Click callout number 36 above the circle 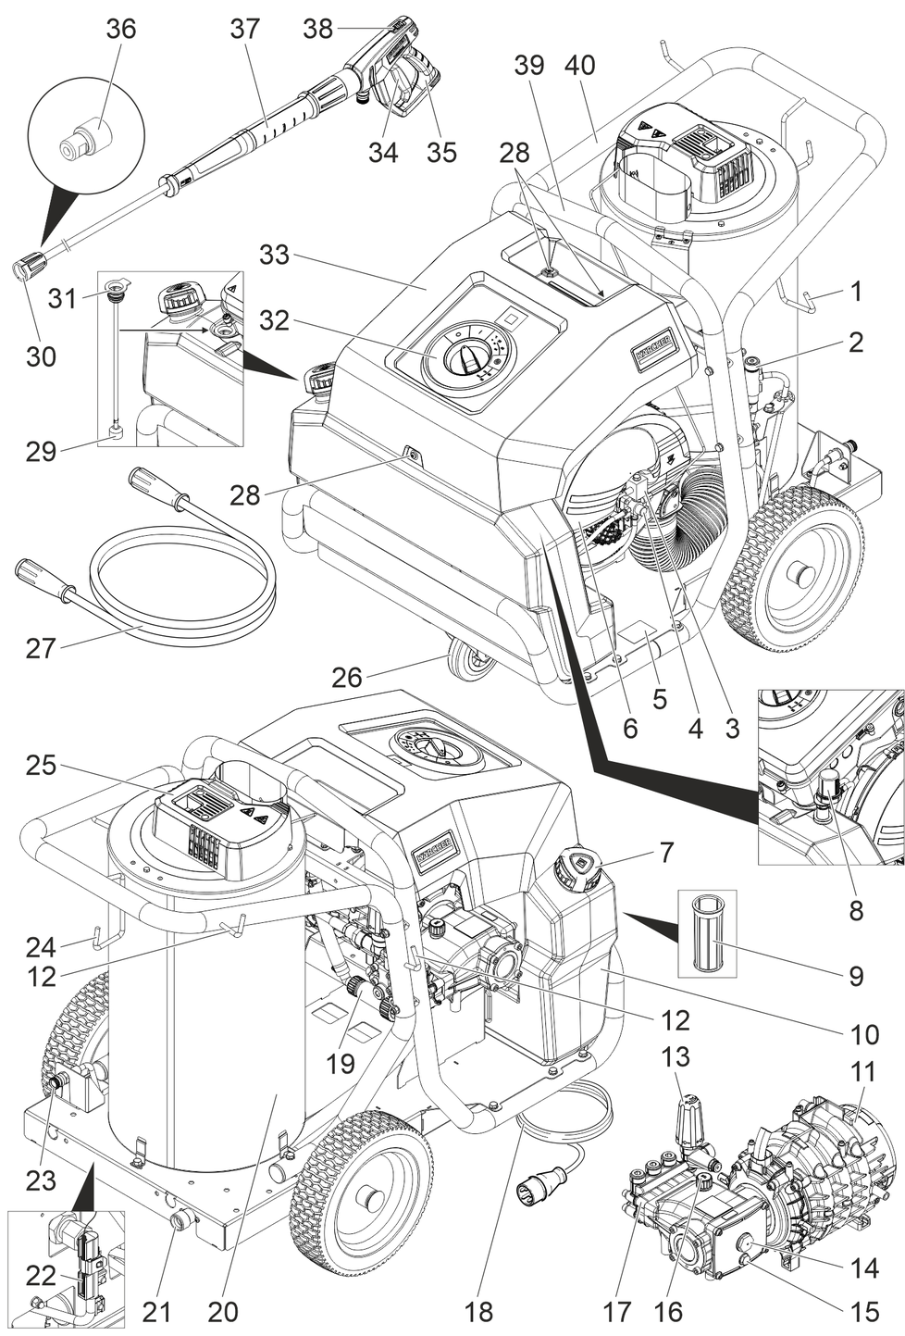120,29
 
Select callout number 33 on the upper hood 275,254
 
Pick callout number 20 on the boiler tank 222,1311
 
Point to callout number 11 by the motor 862,1072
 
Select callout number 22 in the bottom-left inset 41,1276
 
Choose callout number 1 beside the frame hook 856,292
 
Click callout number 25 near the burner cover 41,766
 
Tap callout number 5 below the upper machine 659,698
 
